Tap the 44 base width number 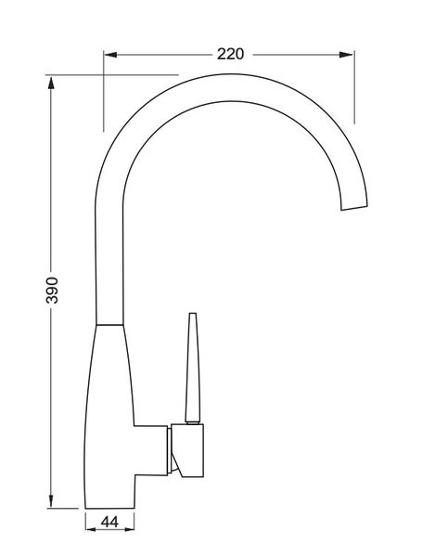point(109,524)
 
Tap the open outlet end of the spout point(353,205)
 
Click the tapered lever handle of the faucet point(192,371)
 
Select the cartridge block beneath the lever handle point(189,451)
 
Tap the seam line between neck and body point(109,324)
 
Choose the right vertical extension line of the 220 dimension point(355,84)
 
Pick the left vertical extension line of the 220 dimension point(103,93)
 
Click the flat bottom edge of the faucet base point(110,508)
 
